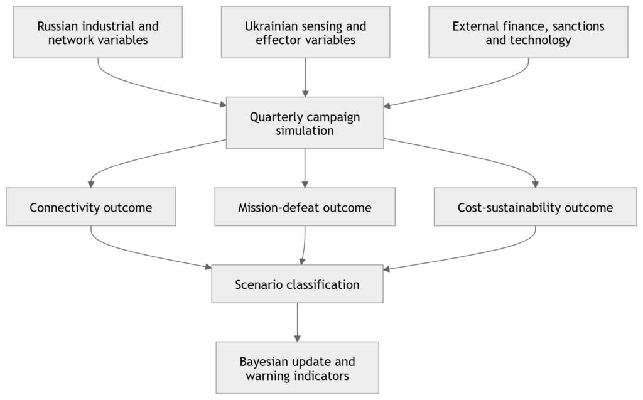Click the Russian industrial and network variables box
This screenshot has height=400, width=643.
[98, 32]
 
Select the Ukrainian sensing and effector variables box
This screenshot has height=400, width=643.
[306, 32]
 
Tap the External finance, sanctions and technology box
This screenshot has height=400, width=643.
[528, 32]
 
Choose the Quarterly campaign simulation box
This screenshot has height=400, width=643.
[305, 123]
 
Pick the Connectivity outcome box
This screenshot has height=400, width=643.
[91, 207]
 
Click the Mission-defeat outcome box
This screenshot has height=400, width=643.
[305, 207]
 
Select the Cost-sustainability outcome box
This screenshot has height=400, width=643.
[535, 207]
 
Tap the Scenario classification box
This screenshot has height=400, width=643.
[297, 284]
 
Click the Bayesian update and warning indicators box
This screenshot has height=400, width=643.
[297, 367]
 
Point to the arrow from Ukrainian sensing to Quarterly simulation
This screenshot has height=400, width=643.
[306, 77]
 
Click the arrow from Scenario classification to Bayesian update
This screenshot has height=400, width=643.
[297, 323]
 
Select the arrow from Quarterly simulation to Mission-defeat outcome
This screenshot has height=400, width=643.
[305, 168]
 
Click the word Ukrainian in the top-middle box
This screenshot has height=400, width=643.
[271, 26]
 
